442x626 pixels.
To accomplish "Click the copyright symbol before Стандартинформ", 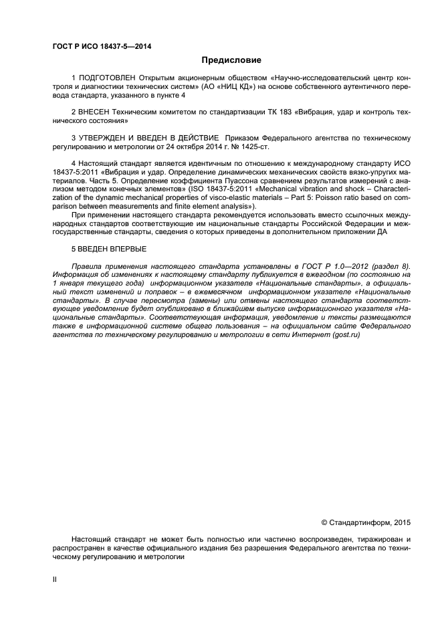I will pos(325,520).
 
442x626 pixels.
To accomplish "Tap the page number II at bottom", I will pos(55,579).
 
